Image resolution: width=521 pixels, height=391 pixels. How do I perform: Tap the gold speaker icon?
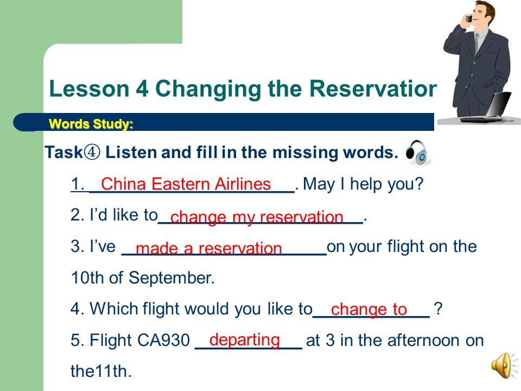pyautogui.click(x=504, y=365)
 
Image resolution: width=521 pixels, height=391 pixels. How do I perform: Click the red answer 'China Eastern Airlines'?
pyautogui.click(x=186, y=184)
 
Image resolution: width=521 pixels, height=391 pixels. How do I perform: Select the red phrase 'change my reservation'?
pyautogui.click(x=257, y=217)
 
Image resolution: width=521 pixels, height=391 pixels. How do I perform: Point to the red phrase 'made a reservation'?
pyautogui.click(x=208, y=248)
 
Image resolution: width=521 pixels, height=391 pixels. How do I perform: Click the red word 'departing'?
pyautogui.click(x=245, y=340)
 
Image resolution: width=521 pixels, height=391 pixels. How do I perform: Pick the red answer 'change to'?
pyautogui.click(x=369, y=309)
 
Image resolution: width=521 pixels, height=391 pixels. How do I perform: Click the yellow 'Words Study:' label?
pyautogui.click(x=91, y=124)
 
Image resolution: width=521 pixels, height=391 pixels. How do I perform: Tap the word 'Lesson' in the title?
pyautogui.click(x=89, y=89)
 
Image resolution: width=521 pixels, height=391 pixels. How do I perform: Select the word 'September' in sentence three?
pyautogui.click(x=171, y=278)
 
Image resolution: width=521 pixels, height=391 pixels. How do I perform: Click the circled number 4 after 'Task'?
pyautogui.click(x=92, y=152)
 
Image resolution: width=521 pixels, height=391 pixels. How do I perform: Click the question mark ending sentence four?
pyautogui.click(x=439, y=308)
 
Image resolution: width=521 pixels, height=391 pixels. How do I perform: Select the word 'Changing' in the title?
pyautogui.click(x=208, y=90)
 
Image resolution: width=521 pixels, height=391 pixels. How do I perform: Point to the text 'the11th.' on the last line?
pyautogui.click(x=101, y=371)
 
